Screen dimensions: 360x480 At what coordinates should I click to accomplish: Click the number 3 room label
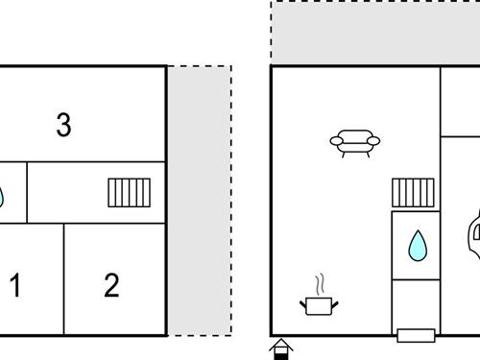point(63,125)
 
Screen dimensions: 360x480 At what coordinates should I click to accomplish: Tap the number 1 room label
point(15,285)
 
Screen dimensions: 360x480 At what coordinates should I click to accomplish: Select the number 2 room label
point(111,285)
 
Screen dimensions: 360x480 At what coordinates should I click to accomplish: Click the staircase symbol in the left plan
point(129,193)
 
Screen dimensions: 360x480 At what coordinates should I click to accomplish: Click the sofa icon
point(354,143)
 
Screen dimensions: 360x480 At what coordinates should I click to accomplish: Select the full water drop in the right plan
point(418,246)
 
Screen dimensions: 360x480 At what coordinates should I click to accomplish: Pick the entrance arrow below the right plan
point(280,346)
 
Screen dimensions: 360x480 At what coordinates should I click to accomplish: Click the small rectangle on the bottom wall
point(414,335)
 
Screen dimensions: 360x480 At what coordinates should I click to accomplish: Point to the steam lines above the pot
point(321,284)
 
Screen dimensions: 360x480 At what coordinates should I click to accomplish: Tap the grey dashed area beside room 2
point(200,202)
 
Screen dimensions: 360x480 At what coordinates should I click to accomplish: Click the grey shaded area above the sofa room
point(374,33)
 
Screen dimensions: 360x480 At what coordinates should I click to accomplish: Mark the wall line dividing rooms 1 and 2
point(64,278)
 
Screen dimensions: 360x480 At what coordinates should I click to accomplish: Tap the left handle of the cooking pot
point(305,303)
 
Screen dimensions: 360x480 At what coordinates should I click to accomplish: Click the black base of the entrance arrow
point(280,354)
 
